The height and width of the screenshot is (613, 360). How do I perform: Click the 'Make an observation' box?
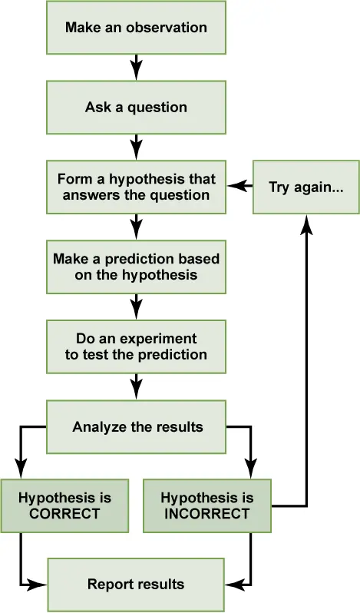[x=136, y=28]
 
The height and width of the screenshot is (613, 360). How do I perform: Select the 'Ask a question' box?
[x=136, y=108]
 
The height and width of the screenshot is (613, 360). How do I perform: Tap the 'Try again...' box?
[x=306, y=187]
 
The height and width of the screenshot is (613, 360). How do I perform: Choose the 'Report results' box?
[x=136, y=585]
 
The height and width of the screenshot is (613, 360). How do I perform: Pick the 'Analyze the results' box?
[x=136, y=426]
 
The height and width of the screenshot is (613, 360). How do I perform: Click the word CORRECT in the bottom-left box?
[x=64, y=514]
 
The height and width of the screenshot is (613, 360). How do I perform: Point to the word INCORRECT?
[x=207, y=514]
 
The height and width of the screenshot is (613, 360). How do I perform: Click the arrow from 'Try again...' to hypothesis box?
[x=239, y=186]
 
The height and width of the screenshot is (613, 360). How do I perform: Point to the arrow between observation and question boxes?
[x=136, y=68]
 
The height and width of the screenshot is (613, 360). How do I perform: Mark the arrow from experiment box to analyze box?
[x=136, y=386]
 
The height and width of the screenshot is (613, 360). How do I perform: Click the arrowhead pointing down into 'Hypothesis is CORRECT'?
[x=21, y=469]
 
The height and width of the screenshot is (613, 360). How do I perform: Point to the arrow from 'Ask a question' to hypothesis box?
[x=136, y=147]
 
